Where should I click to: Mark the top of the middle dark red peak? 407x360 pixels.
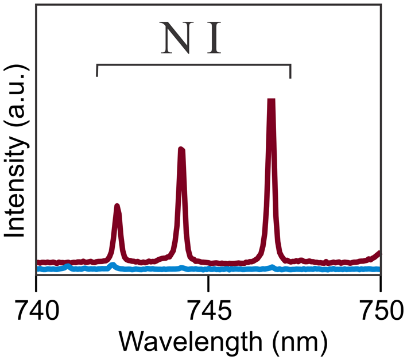pos(181,150)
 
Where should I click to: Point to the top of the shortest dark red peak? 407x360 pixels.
pos(117,206)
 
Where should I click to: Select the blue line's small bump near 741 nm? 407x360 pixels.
pos(68,266)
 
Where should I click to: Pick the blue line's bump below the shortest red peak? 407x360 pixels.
pos(113,265)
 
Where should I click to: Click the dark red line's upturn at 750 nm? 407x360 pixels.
pos(378,253)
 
